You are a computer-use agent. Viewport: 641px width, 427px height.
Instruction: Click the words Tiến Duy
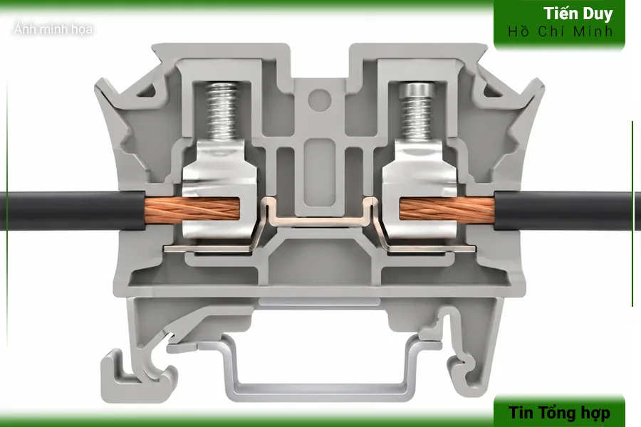[578, 14]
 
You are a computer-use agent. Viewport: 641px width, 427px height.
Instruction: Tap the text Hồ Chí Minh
[561, 31]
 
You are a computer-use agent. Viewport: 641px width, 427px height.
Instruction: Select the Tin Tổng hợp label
[559, 413]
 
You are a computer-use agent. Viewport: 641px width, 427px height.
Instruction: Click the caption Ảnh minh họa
[53, 29]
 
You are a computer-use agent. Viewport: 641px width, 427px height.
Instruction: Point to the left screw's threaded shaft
[222, 111]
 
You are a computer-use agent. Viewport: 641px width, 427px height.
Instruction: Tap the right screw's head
[417, 89]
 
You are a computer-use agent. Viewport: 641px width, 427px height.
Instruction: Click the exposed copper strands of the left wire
[192, 210]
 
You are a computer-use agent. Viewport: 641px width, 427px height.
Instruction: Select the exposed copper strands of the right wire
[447, 210]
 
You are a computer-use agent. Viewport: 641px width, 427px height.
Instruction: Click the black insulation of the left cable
[73, 211]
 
